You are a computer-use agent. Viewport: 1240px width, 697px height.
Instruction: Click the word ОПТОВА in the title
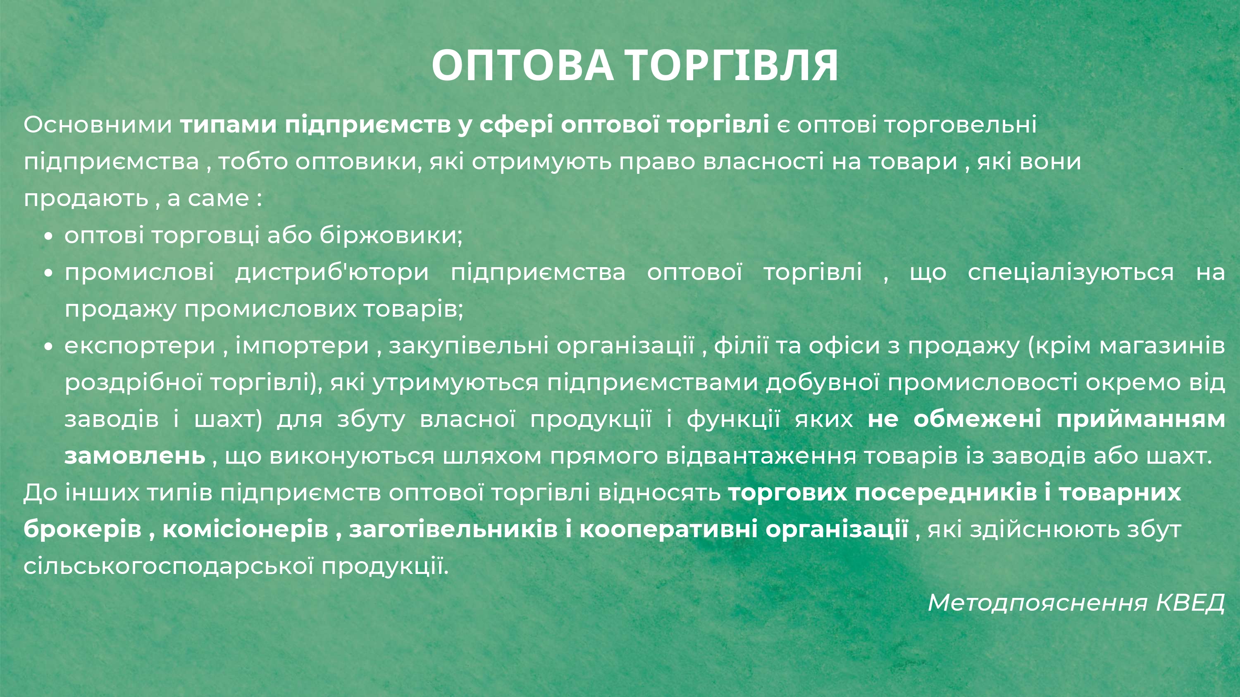[523, 65]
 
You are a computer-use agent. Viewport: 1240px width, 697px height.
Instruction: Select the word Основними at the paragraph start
[98, 125]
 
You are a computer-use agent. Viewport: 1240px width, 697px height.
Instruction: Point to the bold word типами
[228, 125]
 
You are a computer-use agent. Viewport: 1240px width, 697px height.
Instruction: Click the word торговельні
[960, 125]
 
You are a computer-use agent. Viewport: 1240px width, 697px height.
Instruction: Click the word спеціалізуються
[1071, 272]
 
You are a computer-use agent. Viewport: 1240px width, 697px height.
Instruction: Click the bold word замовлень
[135, 456]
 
